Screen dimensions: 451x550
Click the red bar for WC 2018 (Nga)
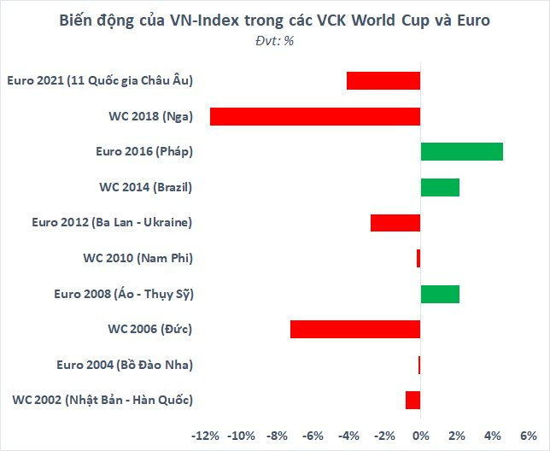pyautogui.click(x=315, y=116)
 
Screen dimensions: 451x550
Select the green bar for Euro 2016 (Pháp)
pyautogui.click(x=461, y=151)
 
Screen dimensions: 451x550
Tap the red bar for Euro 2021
pyautogui.click(x=383, y=80)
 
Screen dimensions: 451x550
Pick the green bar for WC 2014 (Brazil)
pyautogui.click(x=440, y=187)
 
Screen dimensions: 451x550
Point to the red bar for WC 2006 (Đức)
pyautogui.click(x=355, y=329)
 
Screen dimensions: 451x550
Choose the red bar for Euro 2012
pyautogui.click(x=395, y=222)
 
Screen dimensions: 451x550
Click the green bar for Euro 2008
pyautogui.click(x=440, y=294)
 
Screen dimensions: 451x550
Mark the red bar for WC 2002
pyautogui.click(x=412, y=400)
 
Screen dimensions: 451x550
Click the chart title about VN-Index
pyautogui.click(x=274, y=21)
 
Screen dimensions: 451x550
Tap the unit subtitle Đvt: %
pyautogui.click(x=274, y=40)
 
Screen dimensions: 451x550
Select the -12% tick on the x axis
pyautogui.click(x=206, y=436)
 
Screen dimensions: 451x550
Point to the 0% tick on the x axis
pyautogui.click(x=420, y=436)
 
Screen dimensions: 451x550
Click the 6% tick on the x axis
pyautogui.click(x=528, y=436)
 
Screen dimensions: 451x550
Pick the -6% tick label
pyautogui.click(x=313, y=436)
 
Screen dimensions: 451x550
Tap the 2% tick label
pyautogui.click(x=456, y=436)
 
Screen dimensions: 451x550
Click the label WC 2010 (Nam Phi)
pyautogui.click(x=137, y=258)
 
